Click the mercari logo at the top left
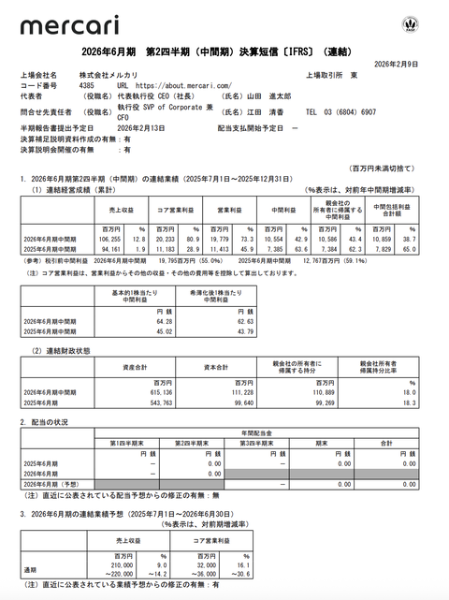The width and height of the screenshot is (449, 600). coord(63,26)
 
